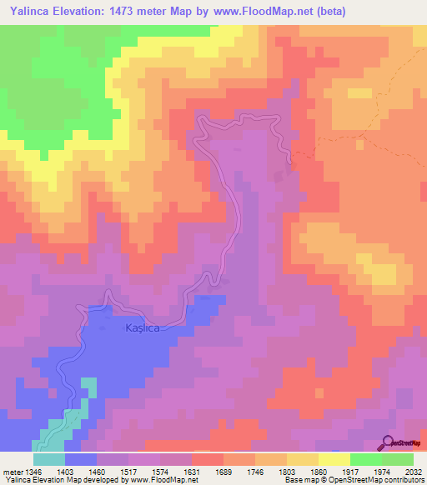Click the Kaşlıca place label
(x=142, y=328)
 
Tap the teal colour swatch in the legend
(x=49, y=458)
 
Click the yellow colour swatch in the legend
(x=334, y=458)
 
